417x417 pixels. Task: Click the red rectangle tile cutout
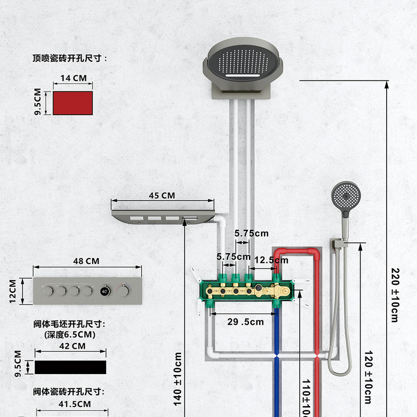point(73,103)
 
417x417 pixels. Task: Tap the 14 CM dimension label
point(73,78)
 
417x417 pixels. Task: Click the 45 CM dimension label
point(162,195)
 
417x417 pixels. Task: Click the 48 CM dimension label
point(86,261)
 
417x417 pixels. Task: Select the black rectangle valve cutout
point(70,367)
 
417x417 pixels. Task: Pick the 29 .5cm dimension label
point(245,322)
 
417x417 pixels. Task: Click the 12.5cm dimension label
point(271,260)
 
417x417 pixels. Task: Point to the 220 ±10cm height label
point(394,295)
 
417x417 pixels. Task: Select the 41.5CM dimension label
point(74,404)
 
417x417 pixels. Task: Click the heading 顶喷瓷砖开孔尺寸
point(69,58)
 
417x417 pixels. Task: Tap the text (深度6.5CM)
point(70,334)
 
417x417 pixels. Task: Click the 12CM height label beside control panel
point(13,291)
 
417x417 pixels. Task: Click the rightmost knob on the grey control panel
point(124,291)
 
